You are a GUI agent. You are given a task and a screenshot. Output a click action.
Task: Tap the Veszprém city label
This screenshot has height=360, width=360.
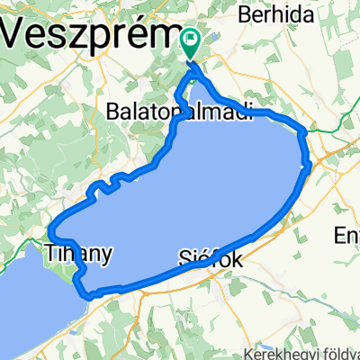click(91, 36)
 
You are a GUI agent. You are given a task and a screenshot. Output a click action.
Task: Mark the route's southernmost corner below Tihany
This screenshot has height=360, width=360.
click(88, 294)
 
